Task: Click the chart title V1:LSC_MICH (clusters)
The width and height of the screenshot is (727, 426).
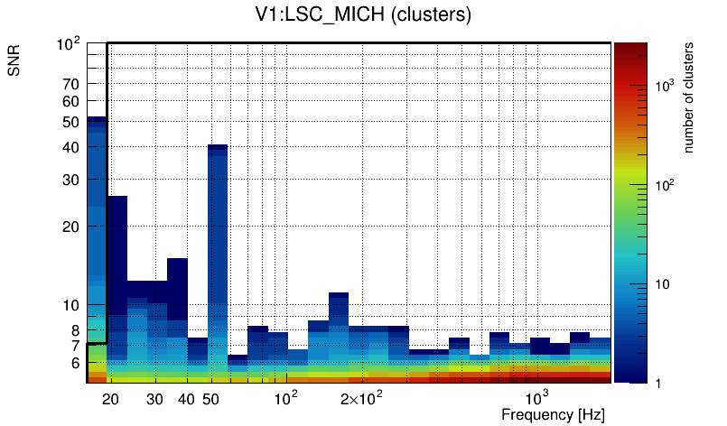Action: tap(362, 15)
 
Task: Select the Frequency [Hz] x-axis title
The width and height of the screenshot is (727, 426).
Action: tap(553, 414)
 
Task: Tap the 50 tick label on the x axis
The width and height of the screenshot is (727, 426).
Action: tap(210, 399)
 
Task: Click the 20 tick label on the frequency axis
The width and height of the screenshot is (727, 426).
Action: tap(111, 399)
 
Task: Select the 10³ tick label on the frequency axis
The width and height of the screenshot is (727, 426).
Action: tap(536, 398)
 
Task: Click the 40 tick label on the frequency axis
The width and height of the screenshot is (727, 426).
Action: tap(186, 399)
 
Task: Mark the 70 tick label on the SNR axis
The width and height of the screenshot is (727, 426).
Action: tap(71, 84)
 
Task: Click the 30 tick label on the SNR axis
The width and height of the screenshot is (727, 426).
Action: tap(71, 180)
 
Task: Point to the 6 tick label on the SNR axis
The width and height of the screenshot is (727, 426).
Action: tap(76, 363)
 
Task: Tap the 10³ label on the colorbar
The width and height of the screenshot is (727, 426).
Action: tap(665, 86)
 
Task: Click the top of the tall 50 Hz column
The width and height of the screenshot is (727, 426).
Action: tap(218, 145)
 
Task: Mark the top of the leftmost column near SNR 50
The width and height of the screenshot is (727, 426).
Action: tap(97, 118)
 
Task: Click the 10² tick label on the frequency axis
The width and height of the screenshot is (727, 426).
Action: tap(286, 398)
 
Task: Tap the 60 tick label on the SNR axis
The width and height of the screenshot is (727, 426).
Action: tap(71, 101)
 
